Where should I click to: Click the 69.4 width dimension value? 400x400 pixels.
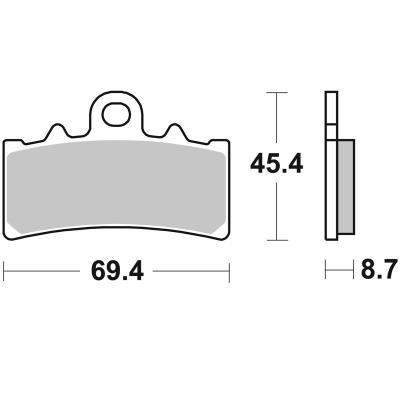pyautogui.click(x=117, y=271)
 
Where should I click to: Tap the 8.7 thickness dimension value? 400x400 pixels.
pyautogui.click(x=379, y=268)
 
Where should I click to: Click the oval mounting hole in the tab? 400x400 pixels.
pyautogui.click(x=116, y=114)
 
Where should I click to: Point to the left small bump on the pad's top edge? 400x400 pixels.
pyautogui.click(x=57, y=127)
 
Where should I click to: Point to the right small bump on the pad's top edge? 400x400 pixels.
pyautogui.click(x=174, y=127)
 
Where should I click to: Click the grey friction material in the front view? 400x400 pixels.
pyautogui.click(x=116, y=187)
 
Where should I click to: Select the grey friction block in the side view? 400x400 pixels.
pyautogui.click(x=346, y=187)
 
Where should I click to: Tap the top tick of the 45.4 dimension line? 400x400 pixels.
pyautogui.click(x=277, y=92)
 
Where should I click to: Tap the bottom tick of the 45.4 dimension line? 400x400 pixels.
pyautogui.click(x=277, y=240)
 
